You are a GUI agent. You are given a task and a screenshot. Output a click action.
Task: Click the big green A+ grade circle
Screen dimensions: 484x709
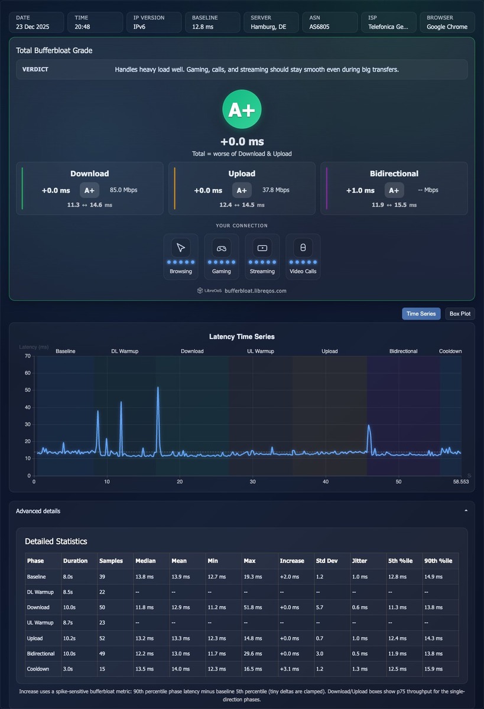click(242, 109)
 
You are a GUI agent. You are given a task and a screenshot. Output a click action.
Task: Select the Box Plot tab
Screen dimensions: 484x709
click(460, 314)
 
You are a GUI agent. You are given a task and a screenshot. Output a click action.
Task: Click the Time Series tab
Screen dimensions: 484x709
click(421, 314)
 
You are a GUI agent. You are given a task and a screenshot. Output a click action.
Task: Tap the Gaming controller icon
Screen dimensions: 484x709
click(221, 248)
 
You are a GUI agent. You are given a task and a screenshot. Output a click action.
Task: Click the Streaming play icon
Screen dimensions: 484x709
click(262, 248)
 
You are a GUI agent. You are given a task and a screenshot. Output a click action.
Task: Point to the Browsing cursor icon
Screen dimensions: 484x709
click(181, 248)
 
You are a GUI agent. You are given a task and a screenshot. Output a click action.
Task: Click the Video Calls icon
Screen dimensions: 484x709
click(303, 248)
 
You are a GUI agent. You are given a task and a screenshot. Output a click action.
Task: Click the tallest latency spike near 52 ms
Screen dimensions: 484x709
click(158, 388)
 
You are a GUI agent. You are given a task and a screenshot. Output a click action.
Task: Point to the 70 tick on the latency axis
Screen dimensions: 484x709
click(28, 356)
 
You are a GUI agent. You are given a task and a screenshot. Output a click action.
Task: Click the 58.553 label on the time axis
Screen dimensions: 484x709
click(461, 482)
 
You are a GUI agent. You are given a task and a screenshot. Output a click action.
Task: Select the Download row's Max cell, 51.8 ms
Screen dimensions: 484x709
click(252, 607)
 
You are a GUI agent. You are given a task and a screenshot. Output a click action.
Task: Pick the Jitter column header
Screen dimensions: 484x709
click(359, 561)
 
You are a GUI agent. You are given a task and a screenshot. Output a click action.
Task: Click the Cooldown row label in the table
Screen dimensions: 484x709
click(38, 668)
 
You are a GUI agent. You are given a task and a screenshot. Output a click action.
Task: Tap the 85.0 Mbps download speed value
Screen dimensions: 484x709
click(124, 190)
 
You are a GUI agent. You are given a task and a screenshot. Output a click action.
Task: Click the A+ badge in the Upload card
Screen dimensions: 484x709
click(242, 190)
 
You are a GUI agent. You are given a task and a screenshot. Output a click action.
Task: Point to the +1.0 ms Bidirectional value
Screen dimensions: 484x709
click(360, 190)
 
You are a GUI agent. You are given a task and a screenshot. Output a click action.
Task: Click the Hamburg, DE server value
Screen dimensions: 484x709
click(268, 27)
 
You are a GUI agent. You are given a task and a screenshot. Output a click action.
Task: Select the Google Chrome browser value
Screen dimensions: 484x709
click(447, 27)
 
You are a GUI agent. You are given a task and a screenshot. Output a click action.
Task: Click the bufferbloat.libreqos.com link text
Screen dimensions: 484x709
click(255, 291)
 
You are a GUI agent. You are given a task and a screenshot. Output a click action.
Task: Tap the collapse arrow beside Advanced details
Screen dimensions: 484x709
click(466, 510)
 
